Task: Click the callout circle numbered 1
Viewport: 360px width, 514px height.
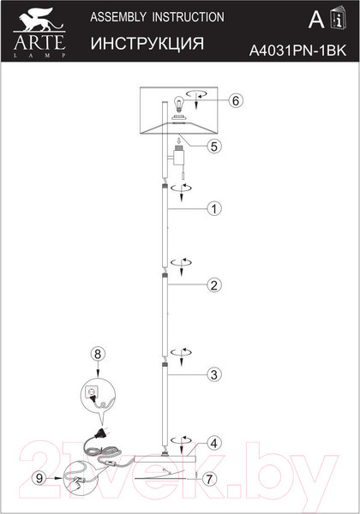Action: (215, 208)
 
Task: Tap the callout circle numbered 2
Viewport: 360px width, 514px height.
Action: (215, 283)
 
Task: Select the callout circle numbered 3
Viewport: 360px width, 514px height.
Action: (215, 374)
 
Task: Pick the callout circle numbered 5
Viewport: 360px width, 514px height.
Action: (215, 146)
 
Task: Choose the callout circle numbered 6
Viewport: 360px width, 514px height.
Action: (237, 100)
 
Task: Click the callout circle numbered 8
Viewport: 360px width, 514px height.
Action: (98, 352)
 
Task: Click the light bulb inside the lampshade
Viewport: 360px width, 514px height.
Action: (179, 104)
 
